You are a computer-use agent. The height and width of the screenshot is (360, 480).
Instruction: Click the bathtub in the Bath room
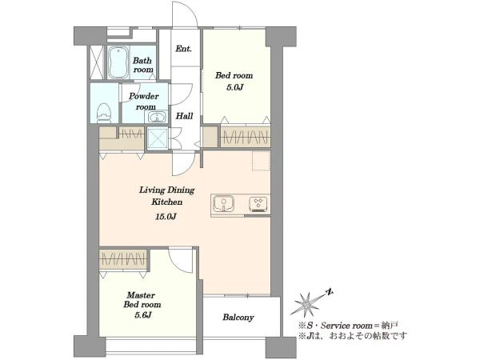point(118,62)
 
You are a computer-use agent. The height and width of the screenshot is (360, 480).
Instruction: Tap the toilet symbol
point(103,113)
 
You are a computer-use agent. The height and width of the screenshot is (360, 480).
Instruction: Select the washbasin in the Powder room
point(157,117)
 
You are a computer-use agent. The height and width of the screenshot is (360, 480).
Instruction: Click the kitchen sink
point(224,203)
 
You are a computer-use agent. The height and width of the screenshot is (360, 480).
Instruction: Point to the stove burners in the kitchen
point(258,204)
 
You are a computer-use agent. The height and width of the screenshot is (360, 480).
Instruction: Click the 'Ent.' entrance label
point(184,48)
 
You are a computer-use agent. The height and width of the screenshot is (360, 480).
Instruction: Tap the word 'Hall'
point(184,116)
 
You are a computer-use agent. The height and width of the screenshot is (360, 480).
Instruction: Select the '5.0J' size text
point(234,87)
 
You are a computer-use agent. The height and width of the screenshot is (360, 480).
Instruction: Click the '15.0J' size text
point(166,217)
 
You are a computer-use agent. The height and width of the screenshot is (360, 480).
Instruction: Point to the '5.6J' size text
point(142,314)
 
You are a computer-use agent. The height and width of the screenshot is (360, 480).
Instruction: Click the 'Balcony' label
point(238,318)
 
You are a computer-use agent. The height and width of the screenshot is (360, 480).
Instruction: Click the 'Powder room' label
point(144,102)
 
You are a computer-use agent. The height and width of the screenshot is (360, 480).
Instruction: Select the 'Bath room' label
point(142,65)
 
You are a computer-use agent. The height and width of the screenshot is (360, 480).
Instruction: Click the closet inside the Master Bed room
point(124,260)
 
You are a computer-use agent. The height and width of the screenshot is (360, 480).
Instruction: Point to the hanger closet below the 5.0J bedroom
point(246,137)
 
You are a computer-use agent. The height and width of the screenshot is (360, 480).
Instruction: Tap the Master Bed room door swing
point(180,259)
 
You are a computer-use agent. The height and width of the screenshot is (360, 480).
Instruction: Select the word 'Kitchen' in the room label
point(167,202)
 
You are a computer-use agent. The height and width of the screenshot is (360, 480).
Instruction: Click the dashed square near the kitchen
point(261,161)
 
